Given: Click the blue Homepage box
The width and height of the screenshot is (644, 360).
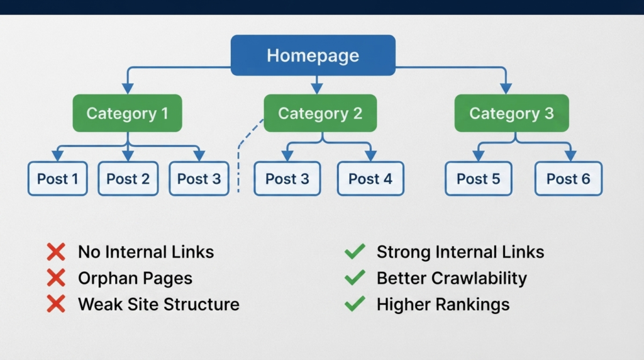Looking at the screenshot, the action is (x=313, y=55).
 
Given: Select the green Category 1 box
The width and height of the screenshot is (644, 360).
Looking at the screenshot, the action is (x=127, y=113).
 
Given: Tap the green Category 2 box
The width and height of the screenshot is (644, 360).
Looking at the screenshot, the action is (x=320, y=113).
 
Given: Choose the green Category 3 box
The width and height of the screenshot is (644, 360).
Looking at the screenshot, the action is (x=511, y=113).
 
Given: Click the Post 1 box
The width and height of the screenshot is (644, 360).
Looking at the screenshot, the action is (x=57, y=178).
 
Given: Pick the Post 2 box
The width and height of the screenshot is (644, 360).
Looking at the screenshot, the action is (x=128, y=178).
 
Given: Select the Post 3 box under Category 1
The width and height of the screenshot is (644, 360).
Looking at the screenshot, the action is (x=199, y=178).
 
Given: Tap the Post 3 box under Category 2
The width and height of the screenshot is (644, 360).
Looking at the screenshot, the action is (x=287, y=178).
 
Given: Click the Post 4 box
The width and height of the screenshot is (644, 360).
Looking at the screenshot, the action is (x=370, y=178).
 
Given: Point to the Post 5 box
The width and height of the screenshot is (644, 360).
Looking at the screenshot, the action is (x=479, y=178).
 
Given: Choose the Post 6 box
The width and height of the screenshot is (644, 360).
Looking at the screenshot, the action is (x=569, y=178).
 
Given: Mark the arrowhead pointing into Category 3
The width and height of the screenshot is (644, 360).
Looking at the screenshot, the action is (x=506, y=88).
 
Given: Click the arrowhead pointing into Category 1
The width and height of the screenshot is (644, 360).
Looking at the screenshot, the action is (x=128, y=88).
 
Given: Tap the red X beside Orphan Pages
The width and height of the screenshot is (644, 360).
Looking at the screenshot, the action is (x=56, y=278).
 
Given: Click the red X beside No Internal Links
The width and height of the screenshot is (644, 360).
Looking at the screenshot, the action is (x=56, y=252).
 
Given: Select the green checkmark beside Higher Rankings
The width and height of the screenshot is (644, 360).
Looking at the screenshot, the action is (x=355, y=304).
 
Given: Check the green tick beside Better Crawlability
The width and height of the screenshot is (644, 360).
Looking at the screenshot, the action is (x=355, y=278).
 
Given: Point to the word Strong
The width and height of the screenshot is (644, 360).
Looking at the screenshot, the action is (x=403, y=252).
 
